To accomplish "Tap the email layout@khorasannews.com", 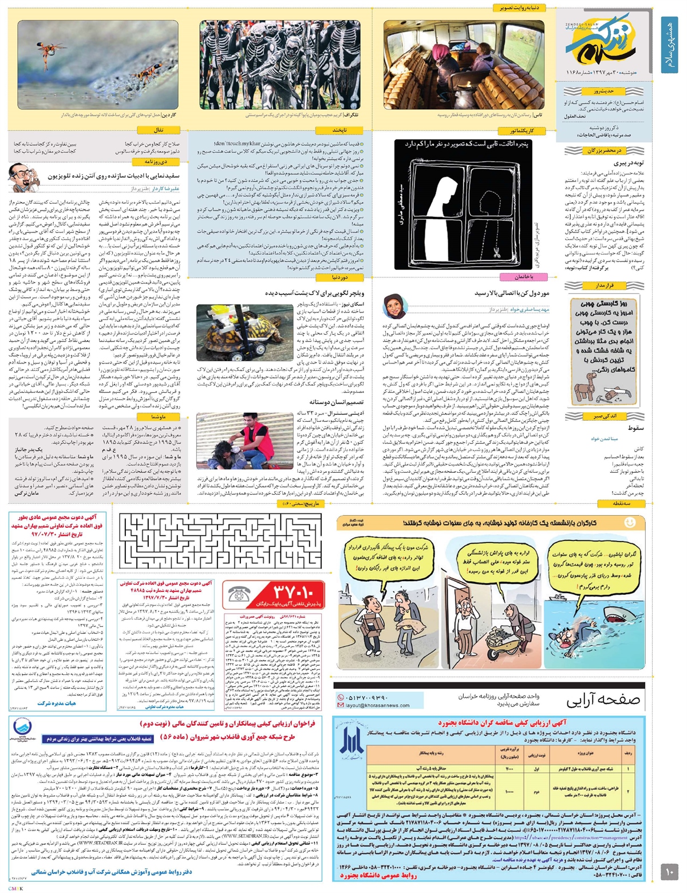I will [378, 705].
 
